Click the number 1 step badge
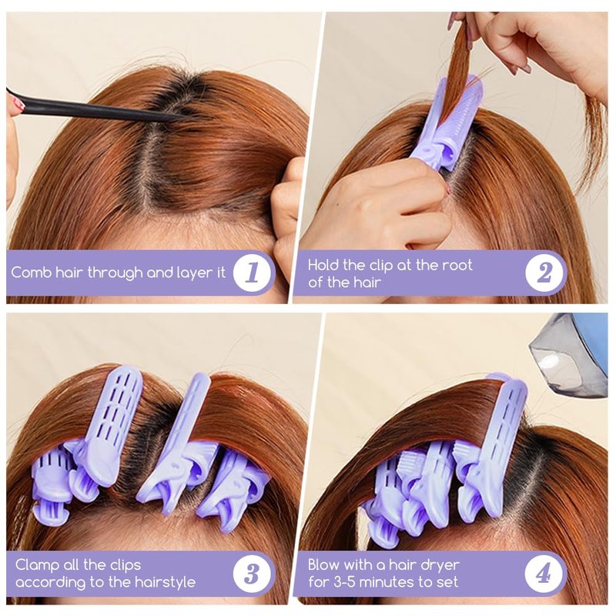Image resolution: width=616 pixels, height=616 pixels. pyautogui.click(x=252, y=273)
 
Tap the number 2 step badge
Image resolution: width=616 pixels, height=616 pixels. pyautogui.click(x=544, y=273)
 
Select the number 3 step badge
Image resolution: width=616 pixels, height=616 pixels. pyautogui.click(x=252, y=574)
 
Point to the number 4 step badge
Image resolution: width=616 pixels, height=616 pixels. pyautogui.click(x=544, y=574)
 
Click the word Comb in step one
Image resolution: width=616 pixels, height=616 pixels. pyautogui.click(x=31, y=273)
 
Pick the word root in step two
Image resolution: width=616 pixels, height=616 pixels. pyautogui.click(x=457, y=265)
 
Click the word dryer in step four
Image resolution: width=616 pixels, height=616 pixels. pyautogui.click(x=440, y=566)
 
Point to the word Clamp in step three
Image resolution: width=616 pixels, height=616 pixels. pyautogui.click(x=38, y=566)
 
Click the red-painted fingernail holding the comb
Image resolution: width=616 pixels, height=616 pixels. pyautogui.click(x=17, y=104)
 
